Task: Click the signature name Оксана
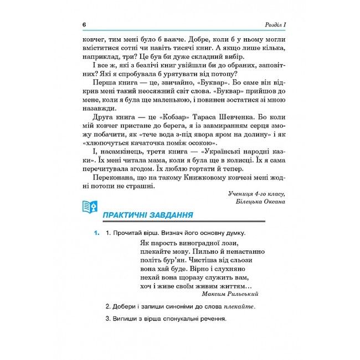coord(271,202)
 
